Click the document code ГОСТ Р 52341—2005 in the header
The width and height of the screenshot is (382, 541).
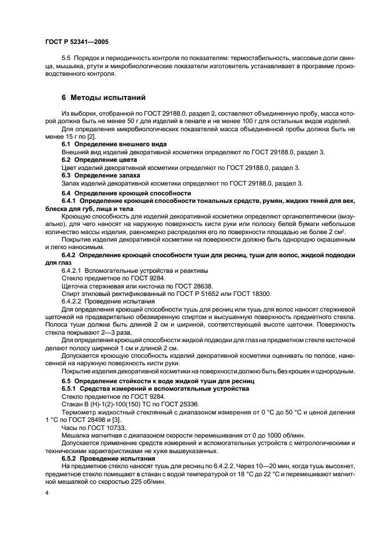pos(76,42)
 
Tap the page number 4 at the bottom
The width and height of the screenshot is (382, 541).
pos(47,494)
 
